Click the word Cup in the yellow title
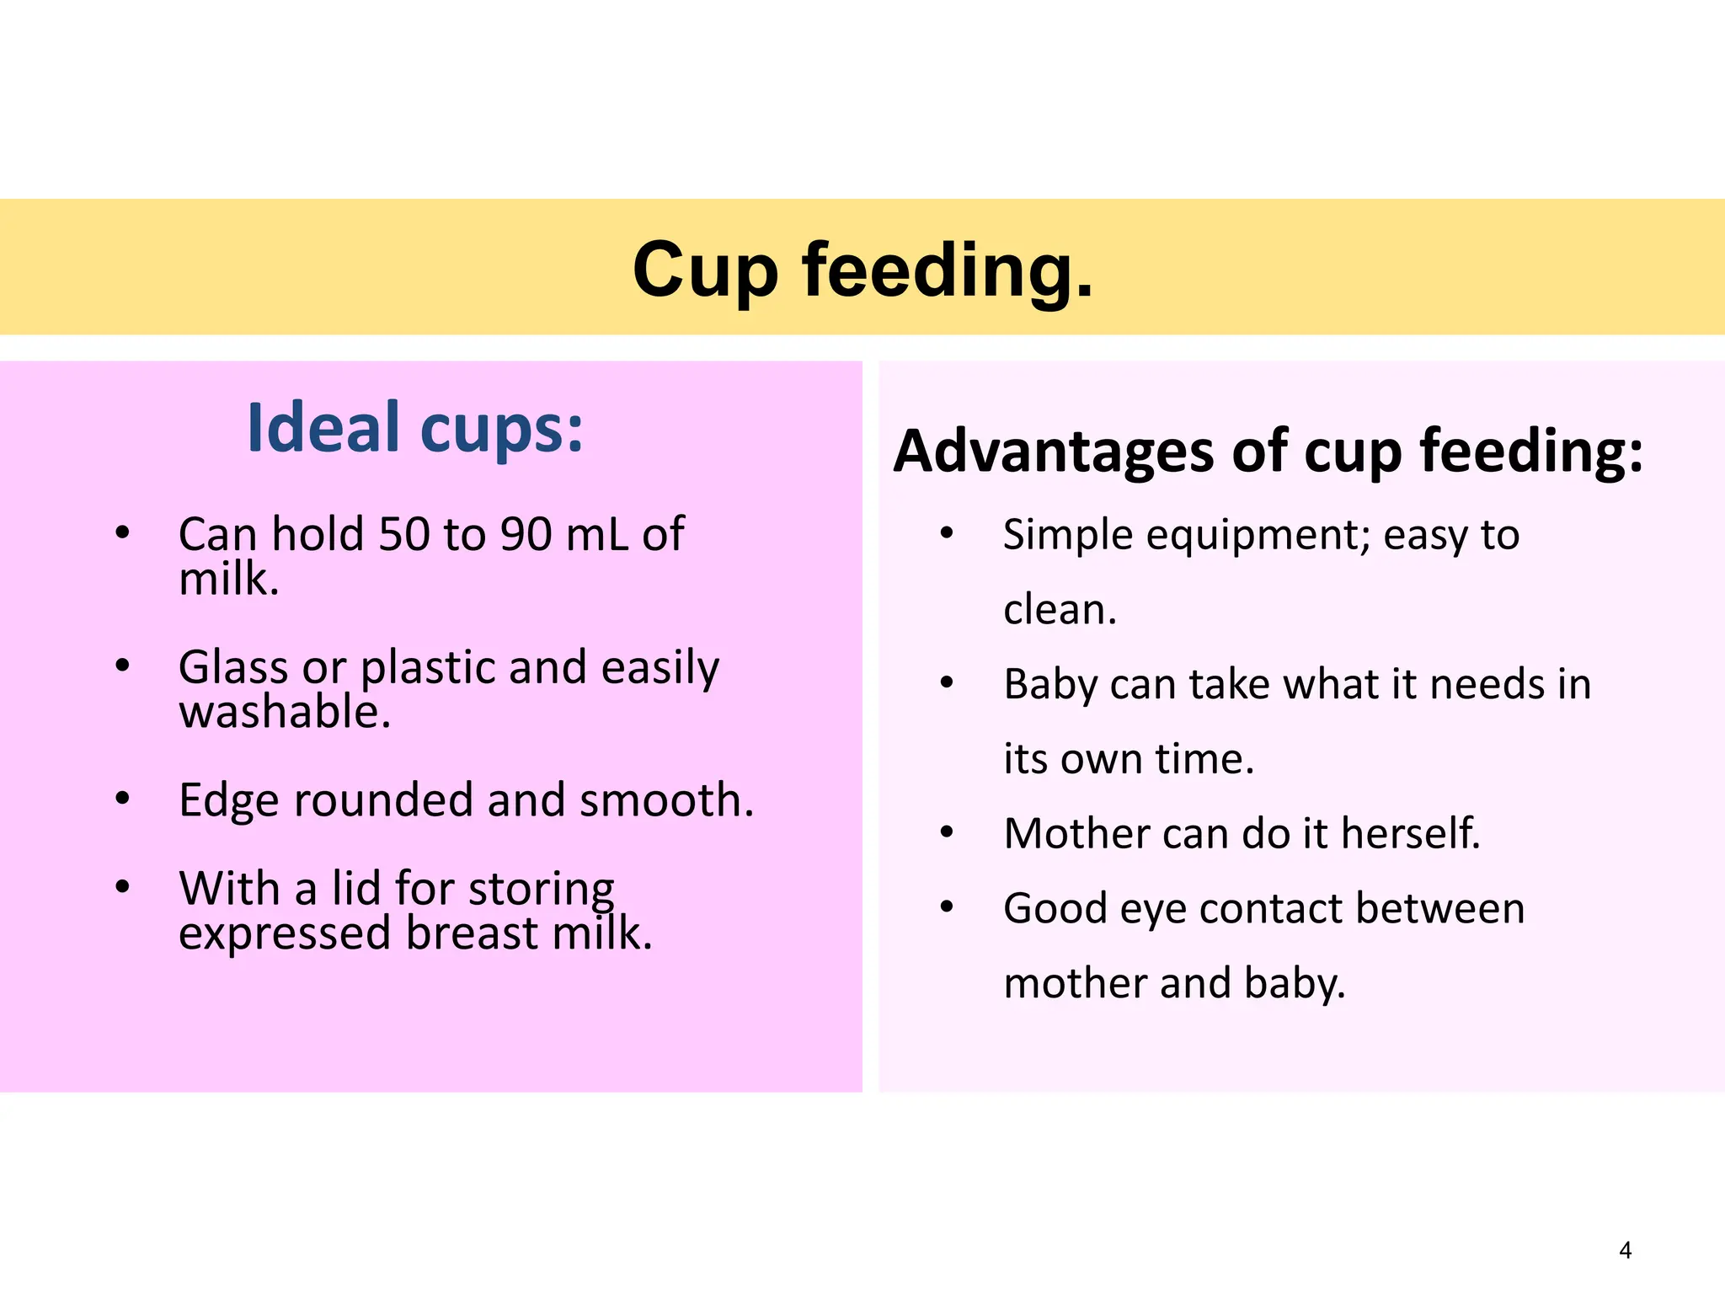[x=705, y=271]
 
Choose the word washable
[x=285, y=712]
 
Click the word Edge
[x=228, y=800]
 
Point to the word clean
[x=1060, y=609]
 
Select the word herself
[x=1410, y=833]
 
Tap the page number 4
[x=1625, y=1250]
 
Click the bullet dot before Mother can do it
[x=947, y=833]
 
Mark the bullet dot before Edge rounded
[x=123, y=798]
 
